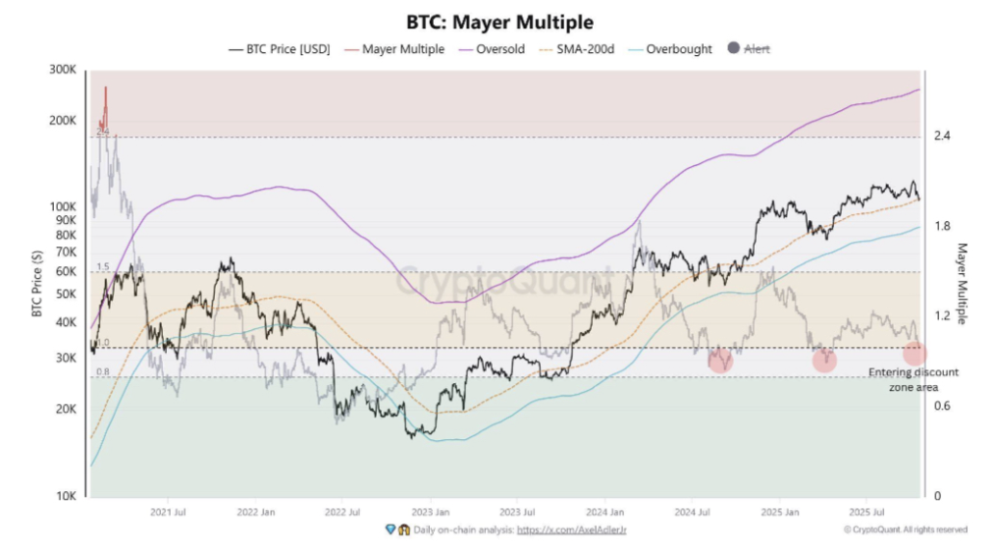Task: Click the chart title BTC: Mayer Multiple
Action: click(x=499, y=21)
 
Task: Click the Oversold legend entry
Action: click(x=498, y=48)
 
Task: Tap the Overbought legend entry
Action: click(x=677, y=48)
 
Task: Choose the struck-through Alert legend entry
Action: click(x=756, y=48)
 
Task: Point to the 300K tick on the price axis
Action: click(x=63, y=71)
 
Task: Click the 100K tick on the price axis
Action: click(x=63, y=206)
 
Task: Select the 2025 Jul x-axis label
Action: click(x=864, y=512)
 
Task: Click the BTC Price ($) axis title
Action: click(x=37, y=283)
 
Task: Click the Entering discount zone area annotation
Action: click(x=914, y=379)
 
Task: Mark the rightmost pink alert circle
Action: click(x=914, y=353)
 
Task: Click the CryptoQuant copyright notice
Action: click(x=905, y=530)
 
